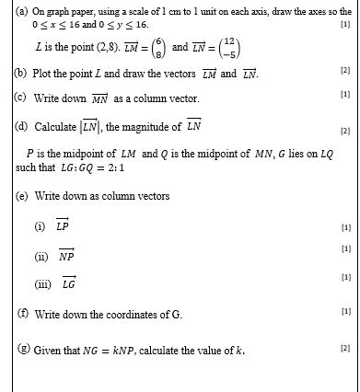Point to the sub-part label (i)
tap(39, 226)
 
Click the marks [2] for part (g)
tap(345, 350)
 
